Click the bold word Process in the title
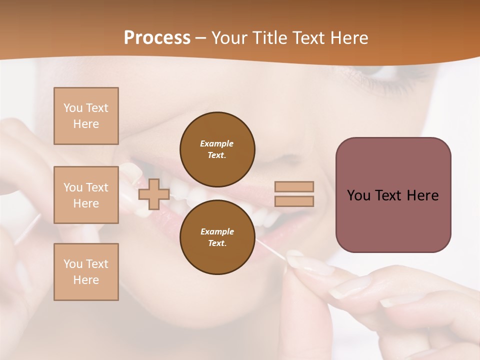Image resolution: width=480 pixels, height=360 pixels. point(157,38)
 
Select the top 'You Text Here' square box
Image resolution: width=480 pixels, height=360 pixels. point(86,116)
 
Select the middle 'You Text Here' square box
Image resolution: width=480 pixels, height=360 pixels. point(86,195)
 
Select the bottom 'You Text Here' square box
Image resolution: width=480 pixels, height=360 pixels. point(86,272)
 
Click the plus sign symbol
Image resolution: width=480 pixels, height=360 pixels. point(153,194)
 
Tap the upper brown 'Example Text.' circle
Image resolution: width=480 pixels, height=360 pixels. point(217,149)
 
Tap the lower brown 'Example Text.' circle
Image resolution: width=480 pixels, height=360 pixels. point(217,237)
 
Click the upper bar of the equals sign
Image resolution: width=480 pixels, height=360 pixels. point(294,186)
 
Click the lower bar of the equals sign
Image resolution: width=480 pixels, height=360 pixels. point(294,201)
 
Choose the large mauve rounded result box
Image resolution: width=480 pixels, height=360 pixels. point(393,195)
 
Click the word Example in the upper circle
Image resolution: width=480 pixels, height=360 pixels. point(217,143)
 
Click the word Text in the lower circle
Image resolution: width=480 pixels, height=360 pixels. point(217,243)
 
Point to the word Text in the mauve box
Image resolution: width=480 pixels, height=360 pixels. point(390,195)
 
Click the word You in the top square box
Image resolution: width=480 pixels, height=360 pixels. point(73,108)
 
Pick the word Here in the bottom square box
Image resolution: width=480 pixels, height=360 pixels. point(86,280)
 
